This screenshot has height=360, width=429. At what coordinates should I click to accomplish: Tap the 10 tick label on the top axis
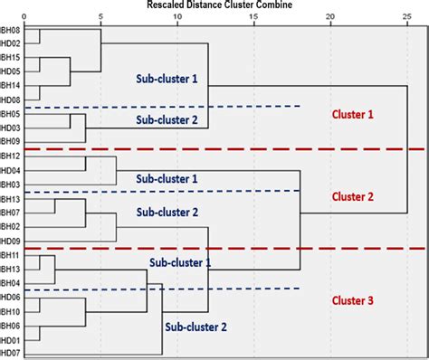(176, 16)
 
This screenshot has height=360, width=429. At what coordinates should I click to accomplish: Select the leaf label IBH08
(11, 30)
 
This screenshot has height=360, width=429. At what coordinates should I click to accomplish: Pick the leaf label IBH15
(11, 58)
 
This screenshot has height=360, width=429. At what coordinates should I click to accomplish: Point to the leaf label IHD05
(11, 71)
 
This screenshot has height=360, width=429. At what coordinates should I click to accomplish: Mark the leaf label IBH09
(11, 141)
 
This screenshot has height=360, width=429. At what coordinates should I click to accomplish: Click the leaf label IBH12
(11, 156)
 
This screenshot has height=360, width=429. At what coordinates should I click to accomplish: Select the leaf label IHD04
(11, 170)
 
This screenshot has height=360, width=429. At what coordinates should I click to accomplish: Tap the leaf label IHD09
(11, 241)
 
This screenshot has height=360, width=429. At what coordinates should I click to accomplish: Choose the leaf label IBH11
(11, 255)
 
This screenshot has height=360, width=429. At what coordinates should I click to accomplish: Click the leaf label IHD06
(11, 298)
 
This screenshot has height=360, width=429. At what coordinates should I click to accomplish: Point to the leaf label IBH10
(11, 311)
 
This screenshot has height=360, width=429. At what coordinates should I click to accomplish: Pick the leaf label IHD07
(11, 354)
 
